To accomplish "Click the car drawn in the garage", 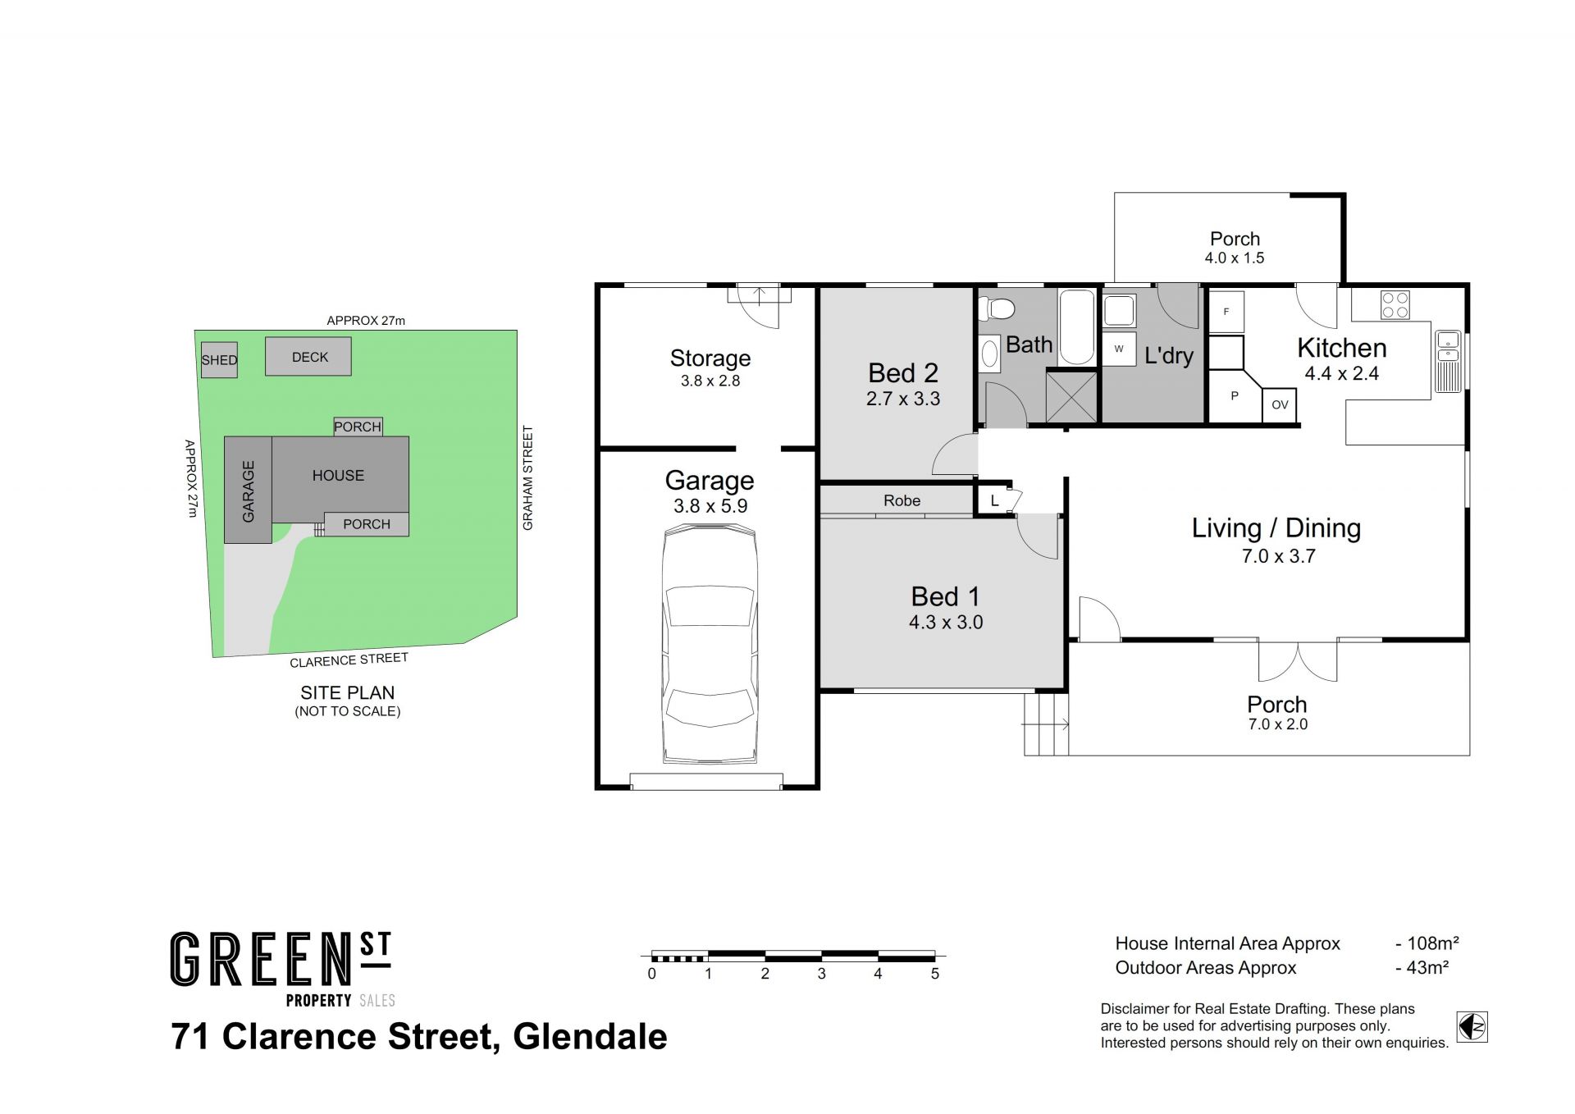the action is point(710,646).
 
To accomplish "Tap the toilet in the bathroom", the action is point(997,309).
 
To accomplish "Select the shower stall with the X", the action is point(1071,397).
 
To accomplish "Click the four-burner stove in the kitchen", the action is point(1395,304).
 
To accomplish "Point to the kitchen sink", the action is point(1448,361).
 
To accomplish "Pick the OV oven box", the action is point(1280,404).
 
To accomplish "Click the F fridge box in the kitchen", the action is point(1226,312).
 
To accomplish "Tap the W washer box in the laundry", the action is point(1119,349).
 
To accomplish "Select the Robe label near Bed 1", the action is point(902,500).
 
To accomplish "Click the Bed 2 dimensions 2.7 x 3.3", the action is point(903,399).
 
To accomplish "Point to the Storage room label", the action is point(710,358).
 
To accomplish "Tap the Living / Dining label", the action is point(1276,528).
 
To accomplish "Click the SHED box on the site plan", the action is point(219,360).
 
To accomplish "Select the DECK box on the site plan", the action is point(308,357).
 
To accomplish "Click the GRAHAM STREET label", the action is point(527,477).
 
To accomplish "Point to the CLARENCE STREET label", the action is point(349,660).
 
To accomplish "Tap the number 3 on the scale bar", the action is point(821,974).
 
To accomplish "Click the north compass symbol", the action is point(1472,1026).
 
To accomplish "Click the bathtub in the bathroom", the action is point(1076,327).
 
